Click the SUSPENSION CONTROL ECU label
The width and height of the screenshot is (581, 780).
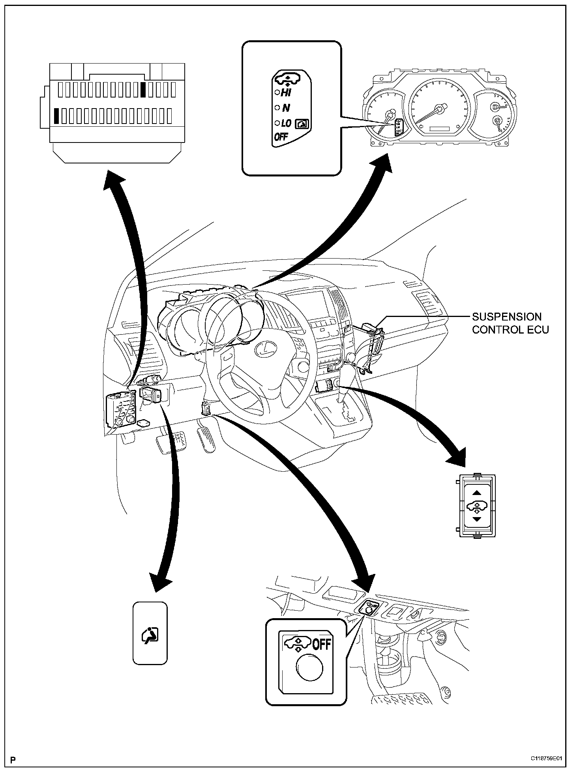click(510, 323)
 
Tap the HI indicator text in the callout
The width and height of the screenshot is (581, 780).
click(285, 92)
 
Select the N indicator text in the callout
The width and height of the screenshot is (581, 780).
click(286, 108)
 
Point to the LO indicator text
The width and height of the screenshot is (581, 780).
click(286, 124)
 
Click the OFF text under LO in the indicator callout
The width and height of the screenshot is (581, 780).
click(281, 137)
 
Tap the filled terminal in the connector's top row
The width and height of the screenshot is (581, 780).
click(143, 90)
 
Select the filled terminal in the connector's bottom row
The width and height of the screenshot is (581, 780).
click(57, 116)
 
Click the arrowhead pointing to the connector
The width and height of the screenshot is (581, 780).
click(114, 180)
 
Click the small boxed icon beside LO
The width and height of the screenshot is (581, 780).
click(302, 124)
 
